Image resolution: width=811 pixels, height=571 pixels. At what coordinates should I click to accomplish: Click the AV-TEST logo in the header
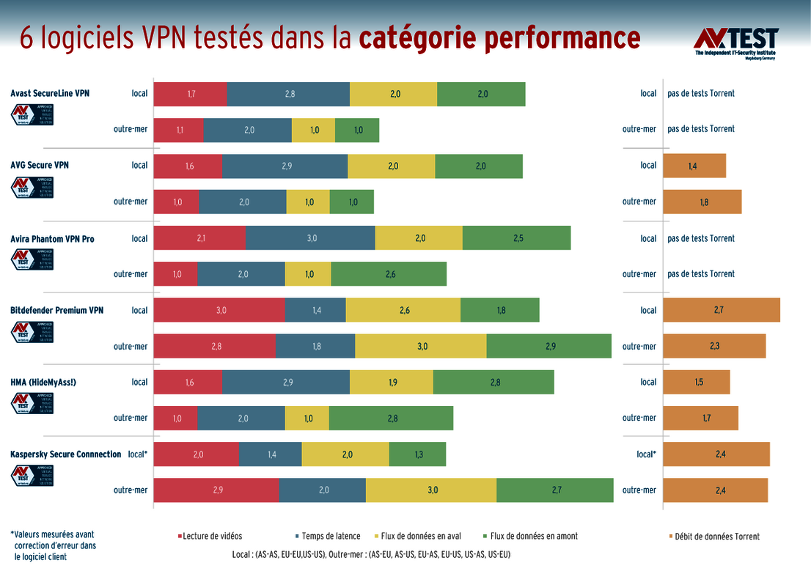[x=735, y=43]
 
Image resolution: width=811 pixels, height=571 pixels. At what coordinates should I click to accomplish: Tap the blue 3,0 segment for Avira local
[x=310, y=238]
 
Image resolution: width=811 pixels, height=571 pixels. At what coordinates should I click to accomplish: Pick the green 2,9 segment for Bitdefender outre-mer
[x=548, y=346]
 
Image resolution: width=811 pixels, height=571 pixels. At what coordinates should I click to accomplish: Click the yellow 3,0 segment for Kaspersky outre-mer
[x=431, y=490]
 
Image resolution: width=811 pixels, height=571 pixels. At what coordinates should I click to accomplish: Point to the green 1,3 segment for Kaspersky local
[x=417, y=454]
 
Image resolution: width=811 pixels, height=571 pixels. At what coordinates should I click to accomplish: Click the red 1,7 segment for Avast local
[x=191, y=94]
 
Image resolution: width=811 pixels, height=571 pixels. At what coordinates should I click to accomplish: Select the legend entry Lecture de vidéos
[x=210, y=536]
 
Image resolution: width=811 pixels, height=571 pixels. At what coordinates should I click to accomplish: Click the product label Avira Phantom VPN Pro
[x=52, y=239]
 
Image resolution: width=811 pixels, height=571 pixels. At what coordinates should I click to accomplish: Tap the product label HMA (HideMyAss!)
[x=43, y=383]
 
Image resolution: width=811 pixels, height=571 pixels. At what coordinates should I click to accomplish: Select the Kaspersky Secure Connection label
[x=65, y=454]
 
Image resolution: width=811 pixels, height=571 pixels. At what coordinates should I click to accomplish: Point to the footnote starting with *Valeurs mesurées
[x=53, y=545]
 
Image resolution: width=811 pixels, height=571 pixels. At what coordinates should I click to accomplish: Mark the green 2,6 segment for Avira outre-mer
[x=389, y=274]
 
